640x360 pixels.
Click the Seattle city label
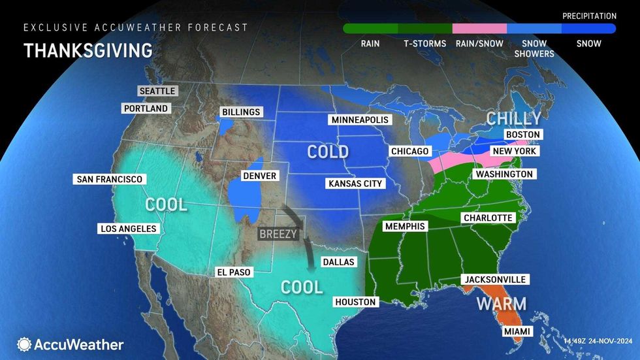(x=157, y=91)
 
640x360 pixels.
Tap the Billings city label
(x=240, y=112)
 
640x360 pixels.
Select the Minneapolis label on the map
(x=359, y=120)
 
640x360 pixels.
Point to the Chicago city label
(x=409, y=152)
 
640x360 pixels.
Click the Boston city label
(x=522, y=135)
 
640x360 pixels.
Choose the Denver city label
(x=259, y=176)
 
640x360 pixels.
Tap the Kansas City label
(x=355, y=184)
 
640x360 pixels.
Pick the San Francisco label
(x=109, y=179)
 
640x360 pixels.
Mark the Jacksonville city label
(x=494, y=280)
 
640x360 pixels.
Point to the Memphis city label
(x=404, y=226)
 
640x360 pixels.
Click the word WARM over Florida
(x=501, y=304)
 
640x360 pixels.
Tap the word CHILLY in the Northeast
(x=514, y=118)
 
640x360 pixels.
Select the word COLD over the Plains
(x=328, y=152)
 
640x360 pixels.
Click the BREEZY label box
(x=278, y=233)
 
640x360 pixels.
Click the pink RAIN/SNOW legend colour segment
(x=479, y=29)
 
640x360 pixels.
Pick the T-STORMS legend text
(x=424, y=44)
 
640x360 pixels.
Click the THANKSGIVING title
(x=88, y=50)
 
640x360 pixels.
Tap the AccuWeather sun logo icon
(x=24, y=344)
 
